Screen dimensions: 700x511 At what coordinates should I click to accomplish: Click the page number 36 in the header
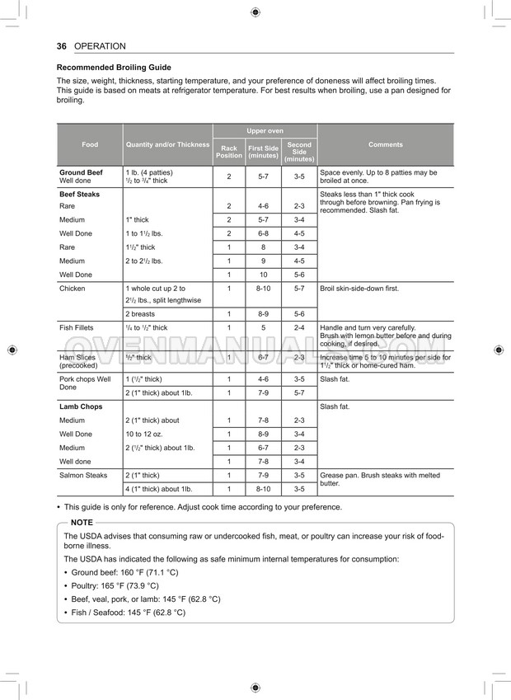[62, 46]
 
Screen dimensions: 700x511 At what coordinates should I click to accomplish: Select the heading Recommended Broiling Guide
[114, 68]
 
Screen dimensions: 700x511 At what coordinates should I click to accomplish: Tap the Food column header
[90, 144]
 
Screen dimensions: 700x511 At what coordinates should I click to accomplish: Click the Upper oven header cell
[265, 131]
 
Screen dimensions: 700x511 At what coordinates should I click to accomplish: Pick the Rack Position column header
[229, 152]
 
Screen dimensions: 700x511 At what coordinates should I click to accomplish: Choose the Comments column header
[386, 144]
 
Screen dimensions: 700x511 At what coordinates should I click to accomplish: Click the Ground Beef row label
[81, 172]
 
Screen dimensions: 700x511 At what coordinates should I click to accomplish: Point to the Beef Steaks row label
[79, 194]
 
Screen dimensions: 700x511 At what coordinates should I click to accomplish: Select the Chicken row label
[73, 289]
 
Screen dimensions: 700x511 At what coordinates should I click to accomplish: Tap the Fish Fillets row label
[76, 327]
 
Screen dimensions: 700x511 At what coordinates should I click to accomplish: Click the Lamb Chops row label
[81, 406]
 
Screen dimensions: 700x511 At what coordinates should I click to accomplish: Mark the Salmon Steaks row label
[83, 475]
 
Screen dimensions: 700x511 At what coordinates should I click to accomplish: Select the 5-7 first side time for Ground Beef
[263, 176]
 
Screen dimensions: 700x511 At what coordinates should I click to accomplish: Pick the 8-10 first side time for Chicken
[263, 289]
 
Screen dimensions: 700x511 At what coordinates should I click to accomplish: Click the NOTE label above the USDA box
[82, 523]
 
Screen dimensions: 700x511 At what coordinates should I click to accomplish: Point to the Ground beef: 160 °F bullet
[124, 571]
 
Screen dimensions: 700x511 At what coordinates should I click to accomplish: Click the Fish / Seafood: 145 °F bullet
[128, 613]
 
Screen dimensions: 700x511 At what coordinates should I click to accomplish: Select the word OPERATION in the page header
[100, 46]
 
